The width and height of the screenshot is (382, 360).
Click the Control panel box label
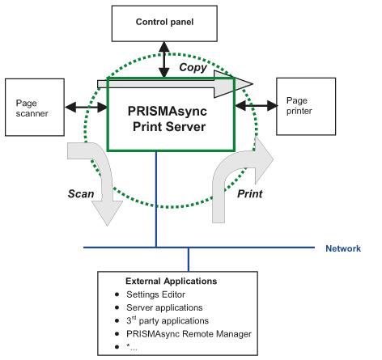164,22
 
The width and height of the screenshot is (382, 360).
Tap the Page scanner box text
32,108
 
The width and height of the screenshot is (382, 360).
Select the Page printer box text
299,106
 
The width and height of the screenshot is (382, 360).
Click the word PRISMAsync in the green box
168,112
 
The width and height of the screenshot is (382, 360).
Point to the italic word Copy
193,67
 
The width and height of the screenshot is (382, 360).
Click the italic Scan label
81,194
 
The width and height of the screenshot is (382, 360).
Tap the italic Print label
250,194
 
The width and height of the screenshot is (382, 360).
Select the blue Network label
343,248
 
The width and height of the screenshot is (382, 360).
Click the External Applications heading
172,282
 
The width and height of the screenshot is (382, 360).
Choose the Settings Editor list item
155,294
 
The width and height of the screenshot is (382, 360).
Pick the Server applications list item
164,307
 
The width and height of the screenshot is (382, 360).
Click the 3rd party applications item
168,320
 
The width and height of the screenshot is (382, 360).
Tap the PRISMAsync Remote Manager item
189,334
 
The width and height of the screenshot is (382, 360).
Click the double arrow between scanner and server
87,108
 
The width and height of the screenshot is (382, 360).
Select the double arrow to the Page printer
257,105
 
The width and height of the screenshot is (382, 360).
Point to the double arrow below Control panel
164,60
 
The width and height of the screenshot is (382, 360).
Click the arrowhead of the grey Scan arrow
108,213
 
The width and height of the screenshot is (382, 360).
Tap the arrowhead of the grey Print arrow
264,159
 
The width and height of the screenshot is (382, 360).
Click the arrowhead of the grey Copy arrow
233,84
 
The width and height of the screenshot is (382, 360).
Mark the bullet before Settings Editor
117,294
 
